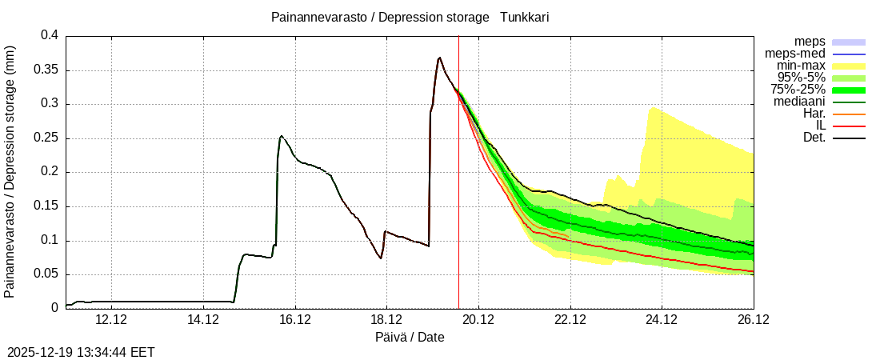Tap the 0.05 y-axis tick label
48,274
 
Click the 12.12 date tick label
111,320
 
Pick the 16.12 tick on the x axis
295,320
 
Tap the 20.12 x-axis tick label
478,320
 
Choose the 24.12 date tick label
662,320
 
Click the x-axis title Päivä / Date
410,338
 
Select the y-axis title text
10,171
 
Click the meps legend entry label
810,42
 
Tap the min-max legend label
801,66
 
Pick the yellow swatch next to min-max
849,66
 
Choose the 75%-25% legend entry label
798,90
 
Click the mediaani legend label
799,102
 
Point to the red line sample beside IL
849,126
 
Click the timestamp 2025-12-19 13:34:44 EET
81,352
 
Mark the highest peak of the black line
439,58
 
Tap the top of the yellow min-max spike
653,107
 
